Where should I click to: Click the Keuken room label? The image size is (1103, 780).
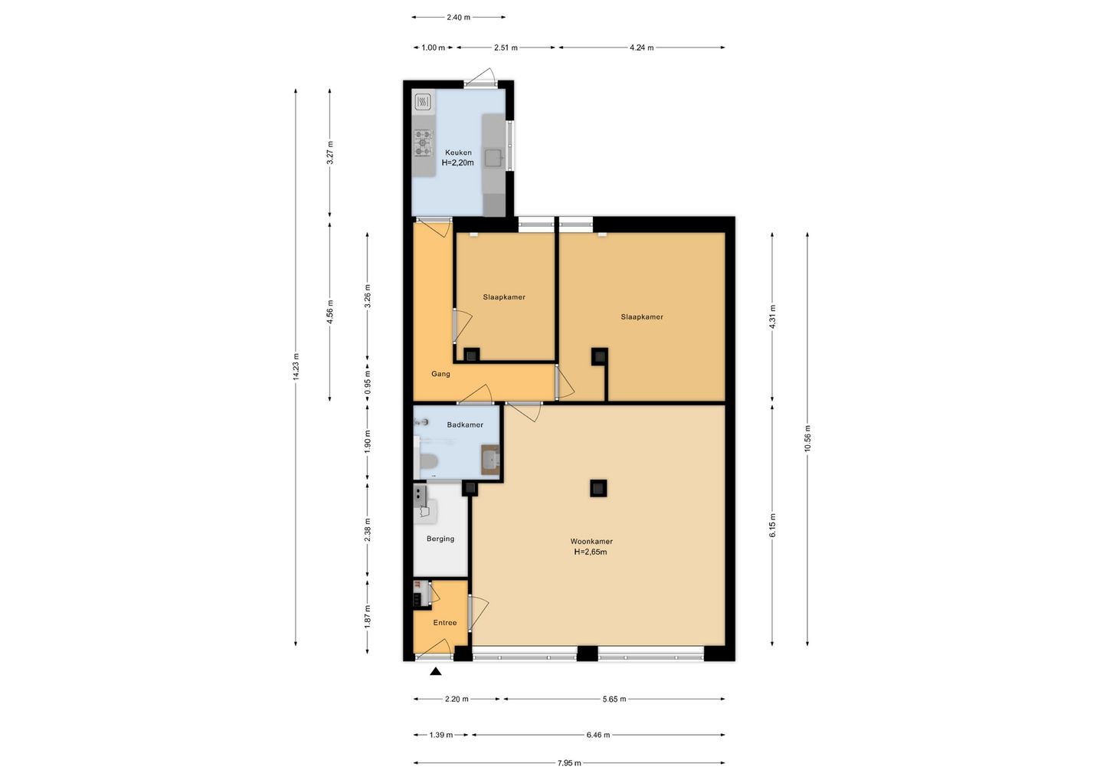point(458,152)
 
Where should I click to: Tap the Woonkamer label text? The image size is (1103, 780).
point(591,541)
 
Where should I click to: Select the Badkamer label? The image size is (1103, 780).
point(465,424)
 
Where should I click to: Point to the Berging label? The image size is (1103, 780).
point(440,539)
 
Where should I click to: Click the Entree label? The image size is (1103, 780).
point(444,622)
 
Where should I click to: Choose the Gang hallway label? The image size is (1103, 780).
point(440,374)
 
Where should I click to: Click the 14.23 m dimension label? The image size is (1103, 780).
point(296,367)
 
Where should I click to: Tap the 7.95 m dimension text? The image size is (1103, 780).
point(569,763)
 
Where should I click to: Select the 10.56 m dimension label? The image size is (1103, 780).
point(807,438)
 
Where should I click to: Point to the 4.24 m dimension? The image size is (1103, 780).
point(642,48)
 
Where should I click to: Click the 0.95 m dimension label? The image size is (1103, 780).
point(368,382)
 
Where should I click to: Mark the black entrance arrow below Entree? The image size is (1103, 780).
point(435,671)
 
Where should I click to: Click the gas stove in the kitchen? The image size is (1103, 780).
point(423,143)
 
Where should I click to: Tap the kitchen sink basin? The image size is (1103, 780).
point(493,158)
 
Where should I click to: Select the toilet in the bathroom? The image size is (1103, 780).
point(427,462)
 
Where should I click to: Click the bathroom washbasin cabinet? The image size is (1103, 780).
point(490,460)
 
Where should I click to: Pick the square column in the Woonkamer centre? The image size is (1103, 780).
point(598,489)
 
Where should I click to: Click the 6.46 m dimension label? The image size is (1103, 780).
point(597,735)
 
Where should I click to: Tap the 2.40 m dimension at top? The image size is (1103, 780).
point(458,17)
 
